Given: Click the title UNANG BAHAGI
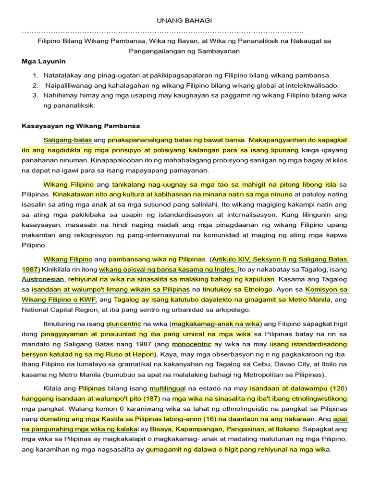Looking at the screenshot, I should (184, 20).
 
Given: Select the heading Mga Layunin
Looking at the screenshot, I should (44, 62).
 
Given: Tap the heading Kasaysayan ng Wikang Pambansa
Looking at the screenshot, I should (81, 126).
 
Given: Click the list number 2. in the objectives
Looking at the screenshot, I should (35, 85).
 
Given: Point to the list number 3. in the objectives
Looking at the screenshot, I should (35, 95).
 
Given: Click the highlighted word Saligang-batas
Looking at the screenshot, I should (68, 140).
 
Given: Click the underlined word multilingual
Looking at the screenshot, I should (169, 388).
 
